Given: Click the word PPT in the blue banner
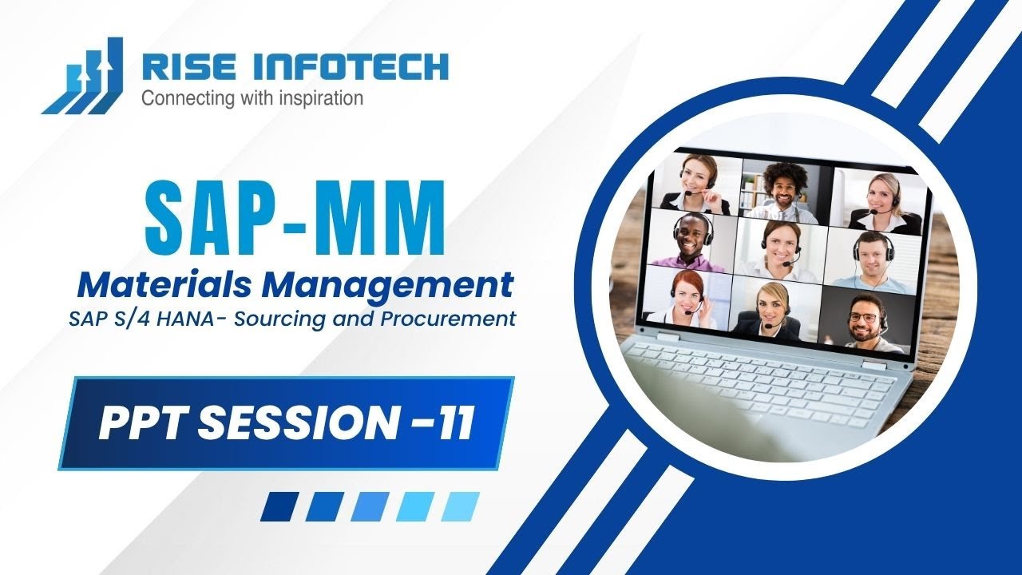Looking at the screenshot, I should pos(141,424).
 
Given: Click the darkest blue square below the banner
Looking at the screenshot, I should pos(279,506).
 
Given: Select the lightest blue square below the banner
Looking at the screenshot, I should pos(461,506).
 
